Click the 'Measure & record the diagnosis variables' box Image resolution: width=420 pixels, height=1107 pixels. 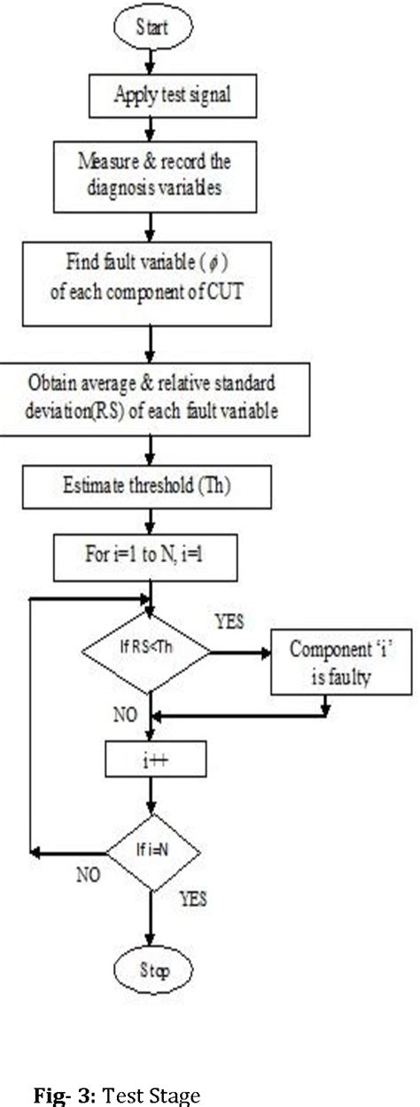(x=154, y=177)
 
